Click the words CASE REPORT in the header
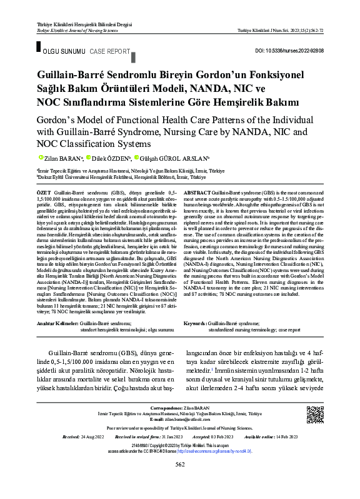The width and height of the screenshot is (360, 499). [x=110, y=50]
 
